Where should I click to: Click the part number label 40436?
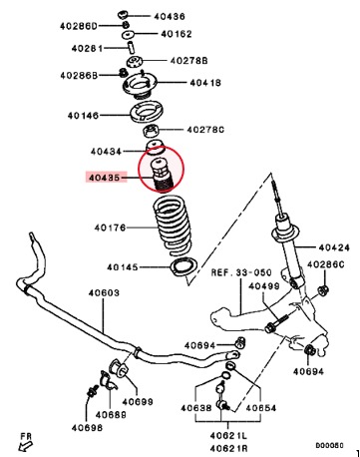(170, 16)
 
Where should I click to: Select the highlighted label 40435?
(104, 178)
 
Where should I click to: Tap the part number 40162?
(177, 34)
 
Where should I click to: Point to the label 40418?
(205, 83)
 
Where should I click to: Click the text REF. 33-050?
(241, 272)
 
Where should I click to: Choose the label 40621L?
(228, 436)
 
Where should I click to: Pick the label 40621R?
(228, 449)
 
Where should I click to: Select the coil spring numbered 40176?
(173, 227)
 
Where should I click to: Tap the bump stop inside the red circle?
(161, 175)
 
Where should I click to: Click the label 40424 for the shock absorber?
(334, 247)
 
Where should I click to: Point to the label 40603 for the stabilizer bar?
(104, 293)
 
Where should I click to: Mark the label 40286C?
(326, 264)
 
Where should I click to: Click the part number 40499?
(264, 286)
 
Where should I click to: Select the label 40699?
(138, 402)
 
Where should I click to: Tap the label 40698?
(87, 428)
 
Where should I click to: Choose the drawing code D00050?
(329, 445)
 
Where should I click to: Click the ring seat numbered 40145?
(183, 266)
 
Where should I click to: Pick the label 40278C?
(205, 130)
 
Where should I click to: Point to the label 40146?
(83, 116)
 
